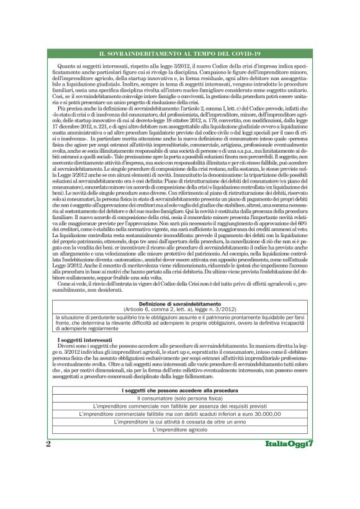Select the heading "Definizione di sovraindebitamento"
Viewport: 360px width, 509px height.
179,304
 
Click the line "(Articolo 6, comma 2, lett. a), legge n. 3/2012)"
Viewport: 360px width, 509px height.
179,309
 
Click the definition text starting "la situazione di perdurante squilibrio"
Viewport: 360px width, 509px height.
179,322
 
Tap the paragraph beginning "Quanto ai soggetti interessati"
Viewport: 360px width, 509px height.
179,84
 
